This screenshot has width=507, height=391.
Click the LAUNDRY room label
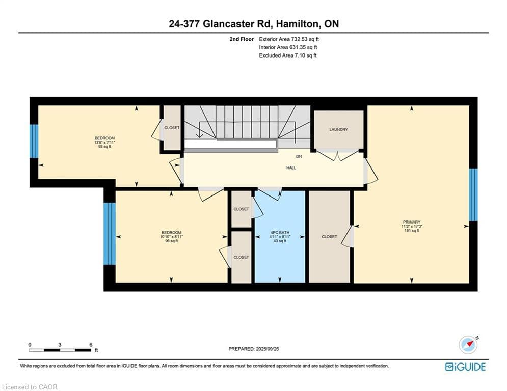pos(338,130)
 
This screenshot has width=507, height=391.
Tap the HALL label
pos(291,168)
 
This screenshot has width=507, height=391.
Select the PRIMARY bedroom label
pos(412,222)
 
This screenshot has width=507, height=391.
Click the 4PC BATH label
pos(280,232)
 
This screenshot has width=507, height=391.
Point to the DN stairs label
pos(299,156)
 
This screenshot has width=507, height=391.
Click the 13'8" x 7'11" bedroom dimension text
pos(105,142)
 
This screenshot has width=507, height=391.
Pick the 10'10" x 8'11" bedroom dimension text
pos(171,237)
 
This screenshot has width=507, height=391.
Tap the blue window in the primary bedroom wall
pos(473,194)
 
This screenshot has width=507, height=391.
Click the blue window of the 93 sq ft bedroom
pos(34,141)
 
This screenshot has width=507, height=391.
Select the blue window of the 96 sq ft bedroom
pos(109,233)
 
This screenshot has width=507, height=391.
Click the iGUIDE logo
pos(465,367)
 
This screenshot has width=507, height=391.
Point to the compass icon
pos(468,345)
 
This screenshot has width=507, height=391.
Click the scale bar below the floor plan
pos(60,350)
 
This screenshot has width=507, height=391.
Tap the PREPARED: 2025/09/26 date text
pos(254,349)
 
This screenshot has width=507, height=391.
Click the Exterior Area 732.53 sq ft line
pos(289,39)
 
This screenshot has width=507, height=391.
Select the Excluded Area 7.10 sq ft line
pos(288,55)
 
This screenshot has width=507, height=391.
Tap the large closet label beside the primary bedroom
pos(330,237)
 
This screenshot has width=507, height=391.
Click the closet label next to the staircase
pos(172,128)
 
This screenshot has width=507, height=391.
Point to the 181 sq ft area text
pos(412,231)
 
